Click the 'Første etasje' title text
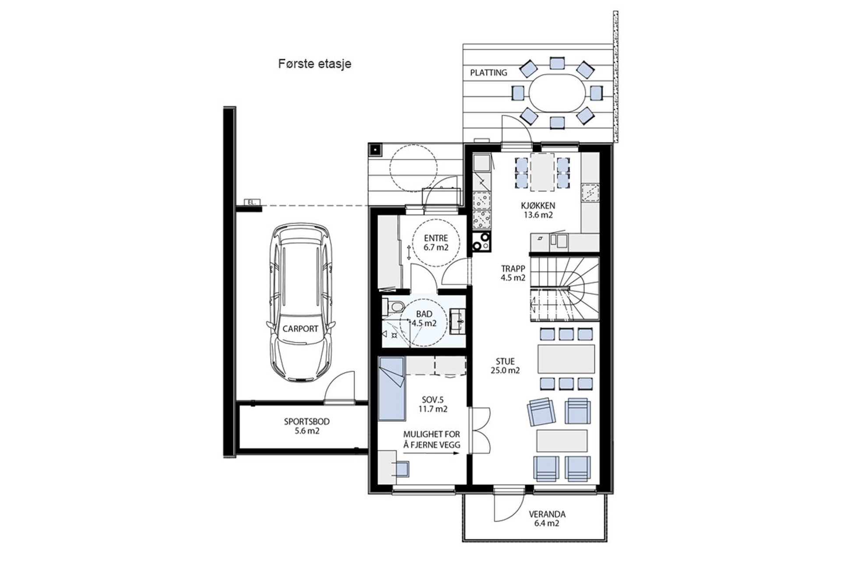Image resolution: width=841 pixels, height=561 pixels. pyautogui.click(x=314, y=64)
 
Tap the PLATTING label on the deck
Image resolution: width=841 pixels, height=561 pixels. pyautogui.click(x=488, y=73)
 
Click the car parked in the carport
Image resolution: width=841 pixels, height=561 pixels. pyautogui.click(x=300, y=304)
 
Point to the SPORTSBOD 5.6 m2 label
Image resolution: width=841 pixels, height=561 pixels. pyautogui.click(x=307, y=426)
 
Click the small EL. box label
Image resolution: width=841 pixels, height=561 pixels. pyautogui.click(x=251, y=202)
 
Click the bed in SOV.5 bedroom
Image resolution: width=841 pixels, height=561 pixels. pyautogui.click(x=391, y=388)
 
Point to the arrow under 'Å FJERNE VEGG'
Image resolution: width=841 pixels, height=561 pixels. pyautogui.click(x=431, y=453)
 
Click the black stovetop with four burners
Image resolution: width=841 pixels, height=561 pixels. pyautogui.click(x=481, y=241)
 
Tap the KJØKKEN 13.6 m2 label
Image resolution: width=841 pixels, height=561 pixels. pyautogui.click(x=538, y=210)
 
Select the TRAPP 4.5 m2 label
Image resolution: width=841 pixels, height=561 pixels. pyautogui.click(x=513, y=273)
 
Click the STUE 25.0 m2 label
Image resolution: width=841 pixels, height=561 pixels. pyautogui.click(x=505, y=366)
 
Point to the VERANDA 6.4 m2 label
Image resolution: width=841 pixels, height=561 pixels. pyautogui.click(x=547, y=518)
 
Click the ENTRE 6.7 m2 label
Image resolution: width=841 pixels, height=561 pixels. pyautogui.click(x=436, y=243)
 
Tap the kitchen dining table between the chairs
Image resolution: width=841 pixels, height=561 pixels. pyautogui.click(x=542, y=172)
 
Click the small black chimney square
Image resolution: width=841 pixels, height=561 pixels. pyautogui.click(x=375, y=150)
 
